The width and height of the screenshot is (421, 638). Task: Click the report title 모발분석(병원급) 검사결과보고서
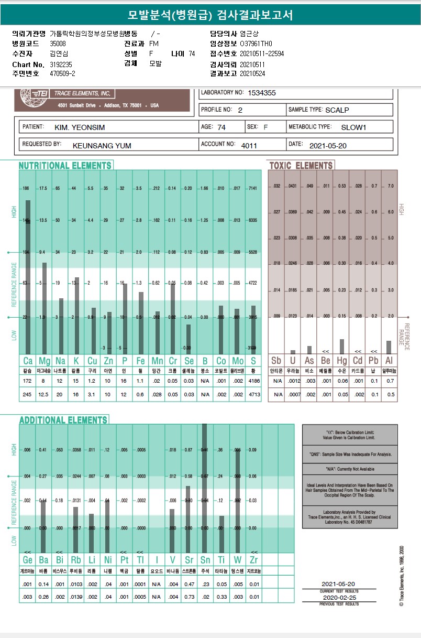point(210,15)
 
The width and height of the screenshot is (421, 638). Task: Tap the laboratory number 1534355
point(262,93)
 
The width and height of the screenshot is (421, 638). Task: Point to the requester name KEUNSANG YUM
point(102,145)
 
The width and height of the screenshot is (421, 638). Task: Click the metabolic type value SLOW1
point(353,127)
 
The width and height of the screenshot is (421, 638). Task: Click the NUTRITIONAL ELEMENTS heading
point(65,166)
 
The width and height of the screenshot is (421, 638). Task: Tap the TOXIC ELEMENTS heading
point(301,166)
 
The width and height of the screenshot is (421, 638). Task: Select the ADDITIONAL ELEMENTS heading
point(63,420)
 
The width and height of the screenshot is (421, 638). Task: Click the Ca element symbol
point(28,361)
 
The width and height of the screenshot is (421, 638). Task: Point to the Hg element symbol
point(341,361)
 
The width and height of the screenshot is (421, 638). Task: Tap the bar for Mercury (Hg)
point(341,346)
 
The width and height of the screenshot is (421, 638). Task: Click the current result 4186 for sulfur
point(253,380)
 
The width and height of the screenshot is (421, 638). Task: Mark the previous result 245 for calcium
point(28,394)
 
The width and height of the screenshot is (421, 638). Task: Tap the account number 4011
point(249,145)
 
